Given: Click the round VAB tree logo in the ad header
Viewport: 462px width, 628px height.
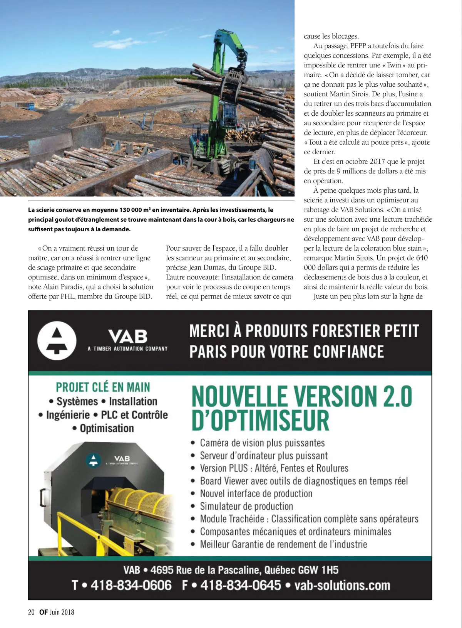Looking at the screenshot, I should (57, 340).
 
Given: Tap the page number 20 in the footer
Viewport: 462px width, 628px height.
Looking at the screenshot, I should (31, 612).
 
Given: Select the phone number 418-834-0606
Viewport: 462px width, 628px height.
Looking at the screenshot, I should (131, 585).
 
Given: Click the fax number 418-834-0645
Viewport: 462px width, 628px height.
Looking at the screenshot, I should (241, 585).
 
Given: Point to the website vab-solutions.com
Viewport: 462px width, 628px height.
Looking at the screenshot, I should (342, 585).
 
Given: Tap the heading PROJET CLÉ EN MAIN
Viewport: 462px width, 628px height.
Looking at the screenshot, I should (103, 387).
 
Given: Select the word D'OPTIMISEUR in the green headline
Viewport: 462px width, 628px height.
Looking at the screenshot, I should (260, 420).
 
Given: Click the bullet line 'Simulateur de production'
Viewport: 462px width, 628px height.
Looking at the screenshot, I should (246, 506).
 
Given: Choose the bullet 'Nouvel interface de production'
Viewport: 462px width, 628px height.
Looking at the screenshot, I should (256, 493).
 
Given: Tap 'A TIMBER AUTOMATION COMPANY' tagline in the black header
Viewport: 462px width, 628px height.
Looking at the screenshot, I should (127, 349).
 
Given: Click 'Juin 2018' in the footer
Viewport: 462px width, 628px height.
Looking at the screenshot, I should (62, 612).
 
